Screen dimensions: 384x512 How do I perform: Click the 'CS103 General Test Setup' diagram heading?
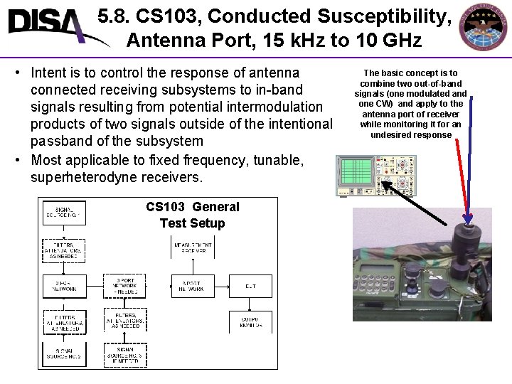point(193,215)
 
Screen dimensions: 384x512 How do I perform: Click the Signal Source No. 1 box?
point(64,213)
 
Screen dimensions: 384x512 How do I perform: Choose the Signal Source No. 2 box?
point(64,353)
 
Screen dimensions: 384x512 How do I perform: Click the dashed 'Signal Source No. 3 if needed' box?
point(125,353)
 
